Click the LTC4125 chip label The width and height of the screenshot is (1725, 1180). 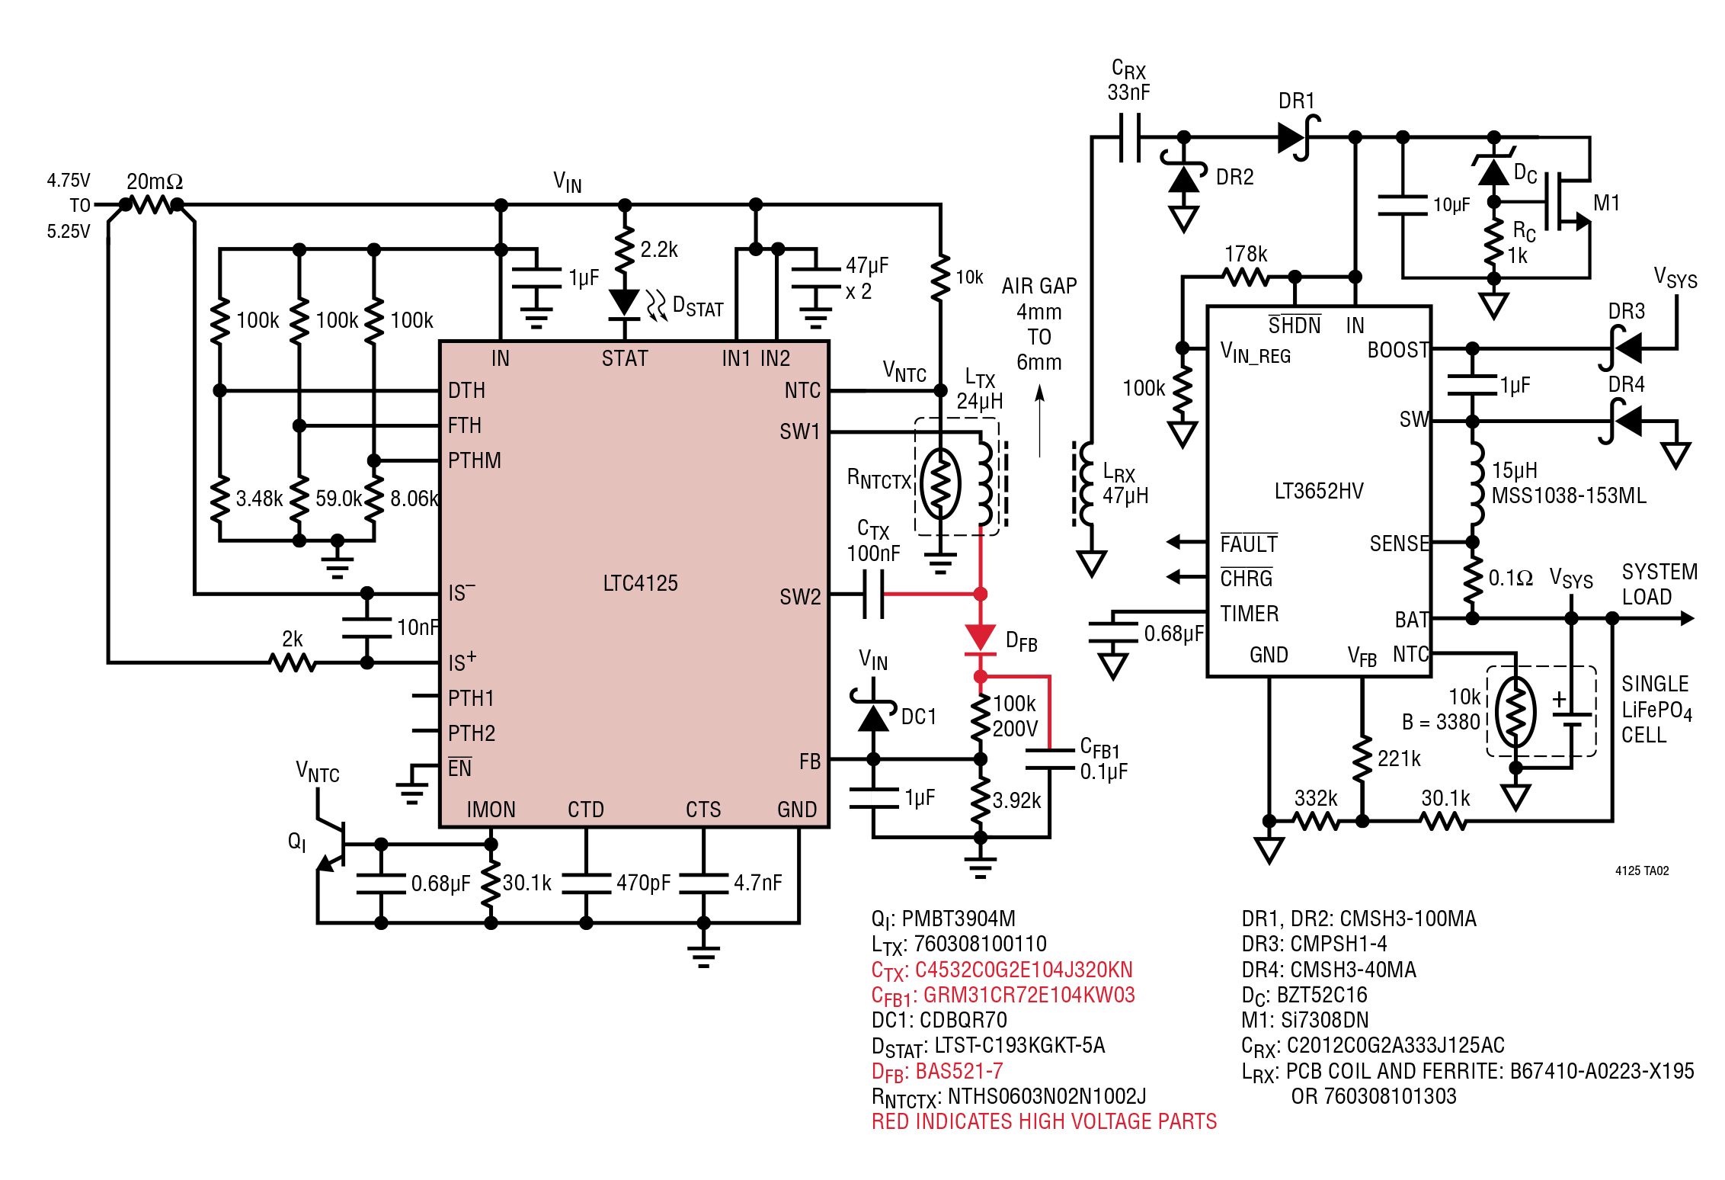[x=640, y=583]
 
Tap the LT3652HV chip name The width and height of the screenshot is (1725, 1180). [x=1319, y=491]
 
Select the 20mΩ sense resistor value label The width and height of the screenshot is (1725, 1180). [x=155, y=181]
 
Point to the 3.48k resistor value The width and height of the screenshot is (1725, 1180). [x=259, y=499]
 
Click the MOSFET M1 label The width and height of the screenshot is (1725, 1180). [x=1606, y=203]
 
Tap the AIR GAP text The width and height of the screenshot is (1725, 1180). [x=1039, y=286]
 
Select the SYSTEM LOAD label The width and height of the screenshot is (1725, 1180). [x=1659, y=584]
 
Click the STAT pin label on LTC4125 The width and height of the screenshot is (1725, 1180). [x=625, y=358]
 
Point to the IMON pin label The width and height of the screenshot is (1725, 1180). [x=491, y=810]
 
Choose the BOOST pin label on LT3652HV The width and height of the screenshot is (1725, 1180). [x=1398, y=350]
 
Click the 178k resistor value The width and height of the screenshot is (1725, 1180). [x=1246, y=254]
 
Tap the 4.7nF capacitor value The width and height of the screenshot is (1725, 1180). [x=757, y=883]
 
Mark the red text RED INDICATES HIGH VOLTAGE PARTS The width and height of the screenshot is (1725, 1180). [x=1044, y=1121]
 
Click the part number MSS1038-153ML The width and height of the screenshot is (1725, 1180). [x=1568, y=495]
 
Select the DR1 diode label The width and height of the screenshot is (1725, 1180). [x=1296, y=101]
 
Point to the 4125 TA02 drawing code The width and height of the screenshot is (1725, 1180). [x=1642, y=871]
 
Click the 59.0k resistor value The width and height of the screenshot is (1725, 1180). [x=338, y=499]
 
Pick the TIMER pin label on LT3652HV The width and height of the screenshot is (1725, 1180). [x=1250, y=614]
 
